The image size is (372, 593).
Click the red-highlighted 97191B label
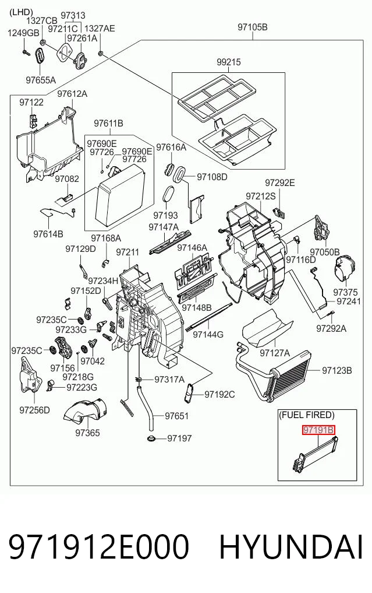pos(318,430)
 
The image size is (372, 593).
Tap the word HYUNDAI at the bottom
pos(291,547)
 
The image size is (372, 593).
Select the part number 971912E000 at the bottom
pos(98,547)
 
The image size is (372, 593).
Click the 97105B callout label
pos(253,27)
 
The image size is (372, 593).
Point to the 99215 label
pos(229,62)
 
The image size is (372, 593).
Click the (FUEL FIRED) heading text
pos(307,415)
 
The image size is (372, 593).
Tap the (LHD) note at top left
pos(21,12)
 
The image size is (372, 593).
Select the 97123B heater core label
pos(337,371)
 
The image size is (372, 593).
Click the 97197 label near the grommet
pos(179,438)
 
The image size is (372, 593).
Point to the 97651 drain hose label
pos(177,416)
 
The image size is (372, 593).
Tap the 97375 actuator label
pos(345,292)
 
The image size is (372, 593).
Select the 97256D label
pos(34,410)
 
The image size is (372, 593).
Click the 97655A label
pos(41,80)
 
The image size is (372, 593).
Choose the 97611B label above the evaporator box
pos(108,123)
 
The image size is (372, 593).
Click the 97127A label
pos(275,353)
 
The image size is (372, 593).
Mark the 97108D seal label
pos(212,177)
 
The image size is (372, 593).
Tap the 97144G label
pos(208,334)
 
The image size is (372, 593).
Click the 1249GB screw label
pos(23,33)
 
